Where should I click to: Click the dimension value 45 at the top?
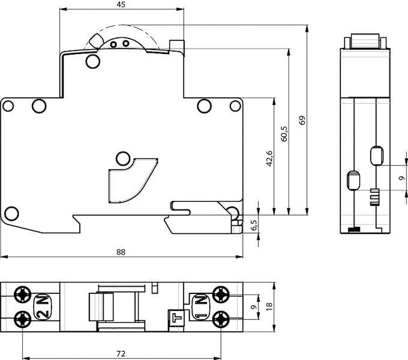click(x=121, y=5)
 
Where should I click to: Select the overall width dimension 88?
click(x=121, y=252)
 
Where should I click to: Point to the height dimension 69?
click(x=303, y=120)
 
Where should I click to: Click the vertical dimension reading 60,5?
click(x=284, y=133)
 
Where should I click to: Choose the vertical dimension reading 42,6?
click(x=269, y=159)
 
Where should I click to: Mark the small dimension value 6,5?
click(x=254, y=226)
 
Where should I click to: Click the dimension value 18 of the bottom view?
click(x=269, y=305)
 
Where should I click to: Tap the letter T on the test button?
click(x=176, y=316)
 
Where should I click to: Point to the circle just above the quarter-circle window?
click(x=122, y=158)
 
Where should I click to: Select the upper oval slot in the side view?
click(x=376, y=155)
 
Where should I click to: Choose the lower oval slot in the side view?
click(x=353, y=179)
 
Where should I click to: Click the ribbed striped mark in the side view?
click(x=375, y=196)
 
